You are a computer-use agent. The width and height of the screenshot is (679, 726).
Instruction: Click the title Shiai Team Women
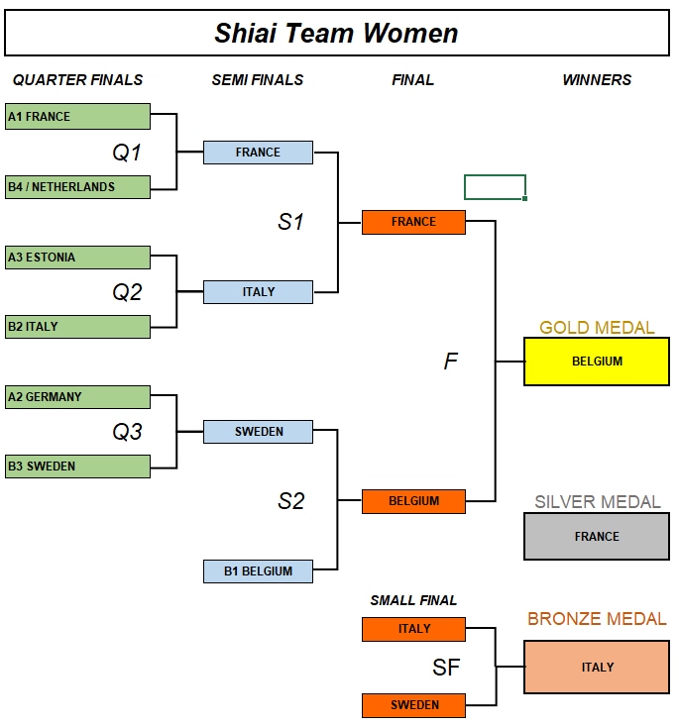337,33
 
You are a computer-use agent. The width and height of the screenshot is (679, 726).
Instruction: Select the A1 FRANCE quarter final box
77,117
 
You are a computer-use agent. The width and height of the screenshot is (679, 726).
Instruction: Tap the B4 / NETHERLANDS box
77,187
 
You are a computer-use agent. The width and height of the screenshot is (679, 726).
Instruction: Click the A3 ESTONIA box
77,258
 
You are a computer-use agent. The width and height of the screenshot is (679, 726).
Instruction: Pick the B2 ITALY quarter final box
77,327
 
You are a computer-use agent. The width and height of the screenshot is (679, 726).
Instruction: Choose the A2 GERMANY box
77,397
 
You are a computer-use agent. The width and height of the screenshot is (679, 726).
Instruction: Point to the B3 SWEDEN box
77,467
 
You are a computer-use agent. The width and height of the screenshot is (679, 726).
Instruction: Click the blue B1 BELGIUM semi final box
258,571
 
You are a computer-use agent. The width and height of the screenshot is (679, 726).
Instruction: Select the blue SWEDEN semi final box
258,432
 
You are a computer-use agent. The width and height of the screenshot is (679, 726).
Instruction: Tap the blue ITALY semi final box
258,292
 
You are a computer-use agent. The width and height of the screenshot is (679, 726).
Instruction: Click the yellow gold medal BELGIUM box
597,362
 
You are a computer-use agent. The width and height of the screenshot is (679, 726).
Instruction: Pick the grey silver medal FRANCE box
597,537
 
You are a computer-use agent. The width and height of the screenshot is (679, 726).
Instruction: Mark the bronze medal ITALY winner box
597,668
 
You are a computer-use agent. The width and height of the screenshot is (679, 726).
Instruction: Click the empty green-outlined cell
495,187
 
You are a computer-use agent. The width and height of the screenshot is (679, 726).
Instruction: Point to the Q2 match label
127,292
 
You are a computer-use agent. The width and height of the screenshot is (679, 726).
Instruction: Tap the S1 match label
290,223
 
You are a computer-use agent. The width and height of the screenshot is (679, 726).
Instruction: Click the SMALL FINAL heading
413,600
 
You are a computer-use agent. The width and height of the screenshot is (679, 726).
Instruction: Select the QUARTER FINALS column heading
77,80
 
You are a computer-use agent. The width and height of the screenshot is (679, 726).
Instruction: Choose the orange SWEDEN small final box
413,705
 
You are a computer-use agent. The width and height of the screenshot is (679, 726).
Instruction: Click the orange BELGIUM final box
413,501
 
